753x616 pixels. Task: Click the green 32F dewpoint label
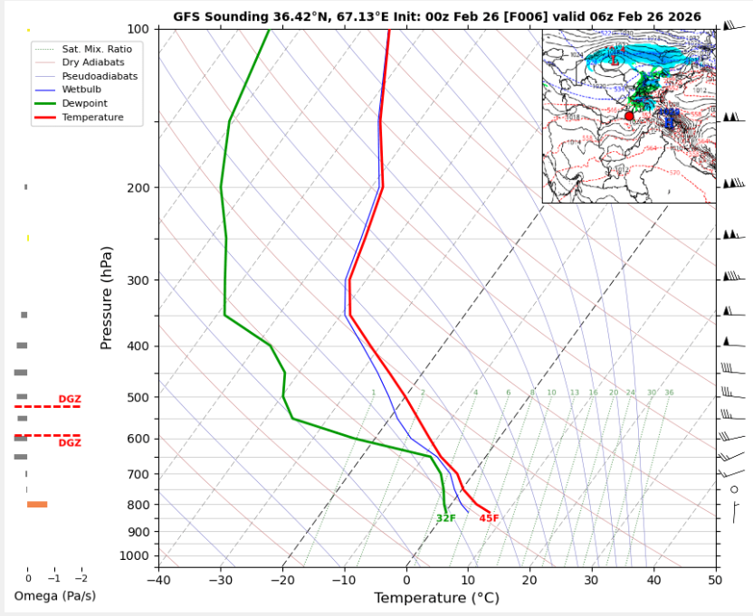click(x=446, y=518)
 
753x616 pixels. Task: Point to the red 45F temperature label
click(x=489, y=518)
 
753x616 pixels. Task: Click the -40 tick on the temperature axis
click(x=158, y=579)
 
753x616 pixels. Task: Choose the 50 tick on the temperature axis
click(x=715, y=579)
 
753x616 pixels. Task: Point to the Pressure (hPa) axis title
click(x=107, y=298)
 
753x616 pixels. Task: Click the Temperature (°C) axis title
click(x=436, y=598)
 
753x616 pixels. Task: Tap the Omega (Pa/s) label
click(x=54, y=596)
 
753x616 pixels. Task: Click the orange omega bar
click(x=37, y=505)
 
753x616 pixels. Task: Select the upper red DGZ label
click(x=70, y=399)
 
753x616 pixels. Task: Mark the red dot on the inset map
click(x=629, y=116)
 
